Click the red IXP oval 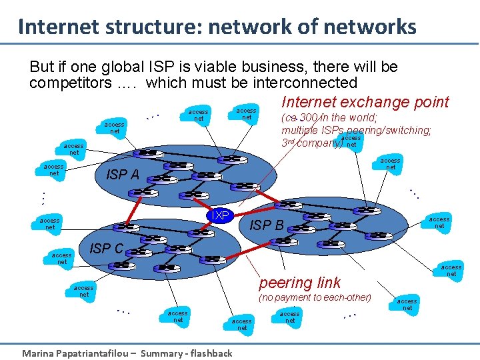220,215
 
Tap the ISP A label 123,175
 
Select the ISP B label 266,225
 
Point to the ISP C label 106,249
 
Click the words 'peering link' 299,283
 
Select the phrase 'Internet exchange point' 365,102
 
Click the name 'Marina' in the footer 41,353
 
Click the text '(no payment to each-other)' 315,297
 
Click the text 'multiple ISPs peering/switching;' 357,130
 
